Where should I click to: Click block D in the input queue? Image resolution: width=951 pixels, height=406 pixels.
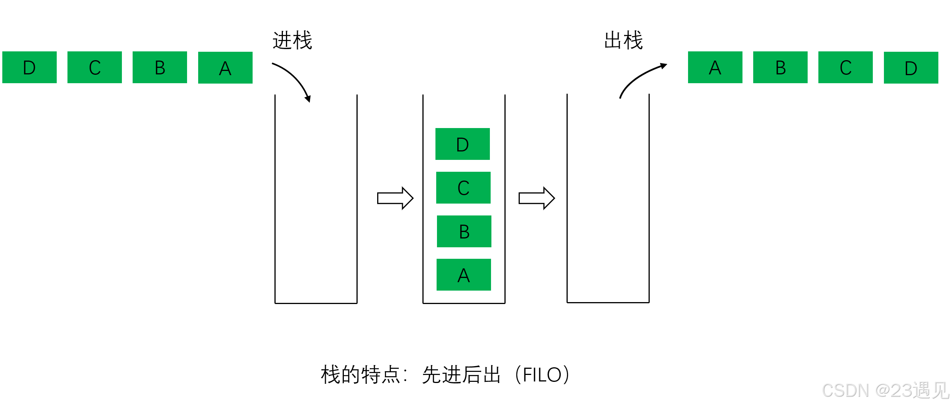[30, 67]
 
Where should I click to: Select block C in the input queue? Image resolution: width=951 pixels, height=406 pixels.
[95, 67]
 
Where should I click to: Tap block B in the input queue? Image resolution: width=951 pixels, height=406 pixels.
[160, 67]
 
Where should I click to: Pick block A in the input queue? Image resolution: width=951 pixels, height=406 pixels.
[225, 68]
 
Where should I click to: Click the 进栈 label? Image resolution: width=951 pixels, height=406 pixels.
[292, 40]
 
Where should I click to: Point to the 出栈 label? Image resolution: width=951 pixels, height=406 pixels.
[623, 40]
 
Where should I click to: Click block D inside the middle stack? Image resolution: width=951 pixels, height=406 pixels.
[463, 144]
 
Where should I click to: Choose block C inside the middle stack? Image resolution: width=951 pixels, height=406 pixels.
[463, 188]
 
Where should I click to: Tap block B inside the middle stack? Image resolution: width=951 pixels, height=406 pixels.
[464, 232]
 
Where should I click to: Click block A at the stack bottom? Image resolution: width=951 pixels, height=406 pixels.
[464, 275]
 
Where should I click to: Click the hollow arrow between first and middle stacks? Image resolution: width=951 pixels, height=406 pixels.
[395, 198]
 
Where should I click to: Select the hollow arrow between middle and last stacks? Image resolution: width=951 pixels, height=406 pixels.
[537, 198]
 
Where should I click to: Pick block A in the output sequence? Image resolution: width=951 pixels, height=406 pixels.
[715, 67]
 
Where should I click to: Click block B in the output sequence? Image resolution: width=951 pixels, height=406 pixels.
[780, 67]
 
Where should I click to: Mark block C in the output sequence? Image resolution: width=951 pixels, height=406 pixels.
[846, 67]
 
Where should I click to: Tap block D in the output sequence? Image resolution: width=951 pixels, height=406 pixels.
[911, 68]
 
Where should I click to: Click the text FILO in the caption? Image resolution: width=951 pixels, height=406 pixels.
[542, 375]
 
